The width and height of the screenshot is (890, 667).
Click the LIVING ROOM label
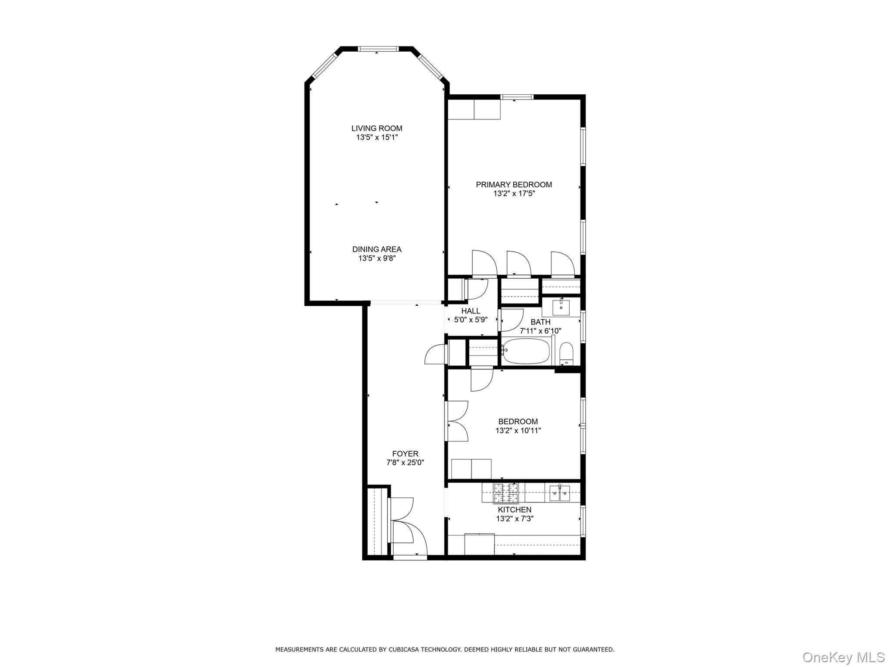tap(377, 128)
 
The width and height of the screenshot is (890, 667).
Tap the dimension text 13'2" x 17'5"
tap(514, 194)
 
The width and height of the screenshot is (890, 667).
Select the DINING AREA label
tap(377, 249)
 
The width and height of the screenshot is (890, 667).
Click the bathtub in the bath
tap(526, 352)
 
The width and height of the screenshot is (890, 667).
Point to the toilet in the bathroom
tap(566, 353)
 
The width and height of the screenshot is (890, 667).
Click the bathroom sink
tap(561, 307)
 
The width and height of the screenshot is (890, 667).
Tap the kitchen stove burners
tap(506, 492)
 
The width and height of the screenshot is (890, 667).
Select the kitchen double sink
tap(559, 493)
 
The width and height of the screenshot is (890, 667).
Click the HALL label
tap(471, 311)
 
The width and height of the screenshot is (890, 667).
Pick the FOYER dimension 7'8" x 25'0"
tap(405, 463)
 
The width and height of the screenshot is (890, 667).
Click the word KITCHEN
tap(515, 509)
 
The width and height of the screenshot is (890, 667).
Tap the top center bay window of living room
tap(378, 49)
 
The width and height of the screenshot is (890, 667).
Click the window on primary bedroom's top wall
tap(517, 97)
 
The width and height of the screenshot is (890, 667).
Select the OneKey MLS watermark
tap(843, 657)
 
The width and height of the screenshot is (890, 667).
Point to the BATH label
tap(541, 322)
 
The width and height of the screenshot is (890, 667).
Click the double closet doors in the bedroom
tap(456, 421)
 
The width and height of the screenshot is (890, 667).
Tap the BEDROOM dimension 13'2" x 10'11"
tap(518, 431)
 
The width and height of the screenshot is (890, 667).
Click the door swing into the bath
tap(512, 320)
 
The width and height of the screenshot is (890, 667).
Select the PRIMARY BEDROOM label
tap(514, 185)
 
